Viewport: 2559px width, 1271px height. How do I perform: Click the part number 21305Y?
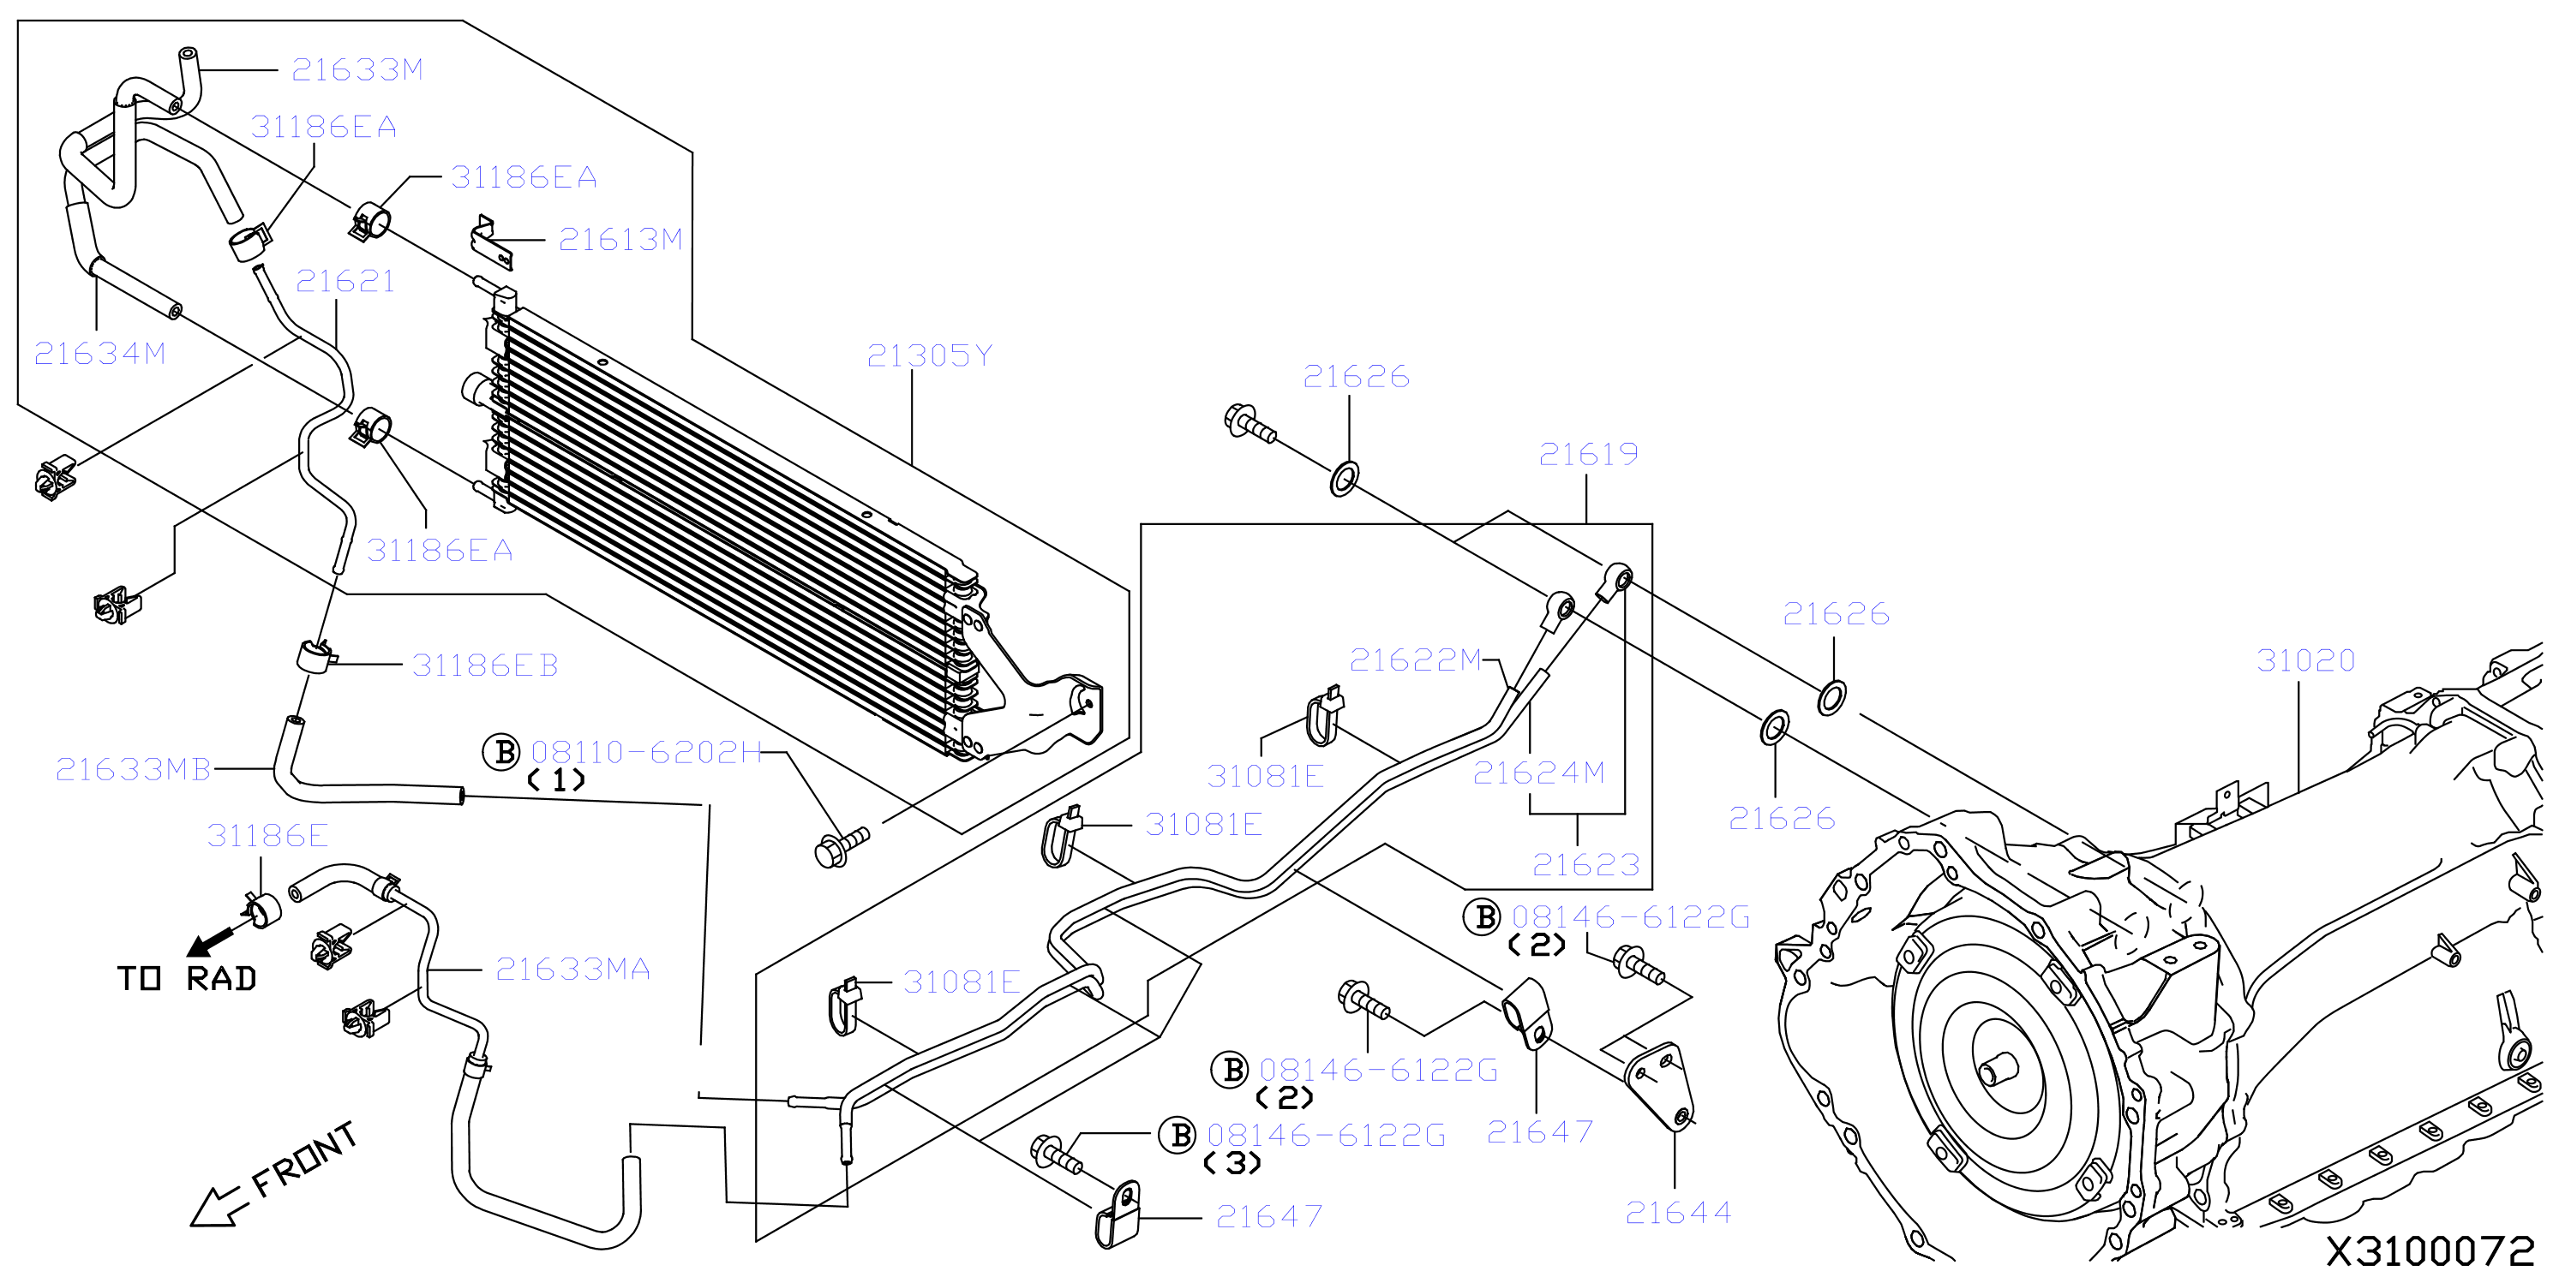(x=929, y=355)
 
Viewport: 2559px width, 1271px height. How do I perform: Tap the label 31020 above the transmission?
(x=2305, y=660)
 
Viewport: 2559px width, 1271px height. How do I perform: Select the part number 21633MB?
(x=133, y=770)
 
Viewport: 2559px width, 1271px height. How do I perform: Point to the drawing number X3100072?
(x=2430, y=1251)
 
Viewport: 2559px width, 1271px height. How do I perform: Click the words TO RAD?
(x=188, y=979)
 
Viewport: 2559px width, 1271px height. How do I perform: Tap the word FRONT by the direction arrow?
(x=303, y=1159)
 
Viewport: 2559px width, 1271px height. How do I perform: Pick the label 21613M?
(x=620, y=239)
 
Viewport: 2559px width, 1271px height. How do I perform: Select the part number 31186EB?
(x=485, y=665)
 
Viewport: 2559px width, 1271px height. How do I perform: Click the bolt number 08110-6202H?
(x=647, y=752)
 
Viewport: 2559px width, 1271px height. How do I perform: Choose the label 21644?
(x=1678, y=1213)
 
